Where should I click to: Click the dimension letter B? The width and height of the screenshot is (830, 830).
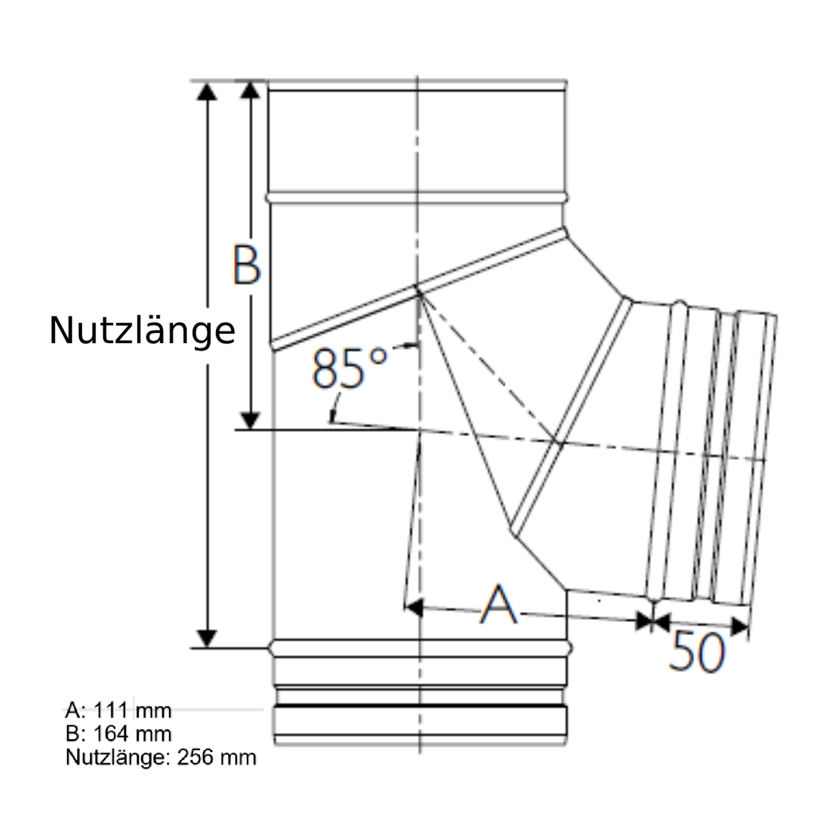246,265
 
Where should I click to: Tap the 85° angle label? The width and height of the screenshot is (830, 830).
349,367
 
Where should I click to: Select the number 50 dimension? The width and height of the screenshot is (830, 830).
696,652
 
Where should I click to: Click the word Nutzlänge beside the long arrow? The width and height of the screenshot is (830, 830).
142,331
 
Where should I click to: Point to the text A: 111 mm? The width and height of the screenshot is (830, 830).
118,710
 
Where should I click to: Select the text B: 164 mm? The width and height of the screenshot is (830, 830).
118,734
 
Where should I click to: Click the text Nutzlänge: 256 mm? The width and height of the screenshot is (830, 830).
160,757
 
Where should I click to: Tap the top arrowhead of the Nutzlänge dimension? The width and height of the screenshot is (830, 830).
207,91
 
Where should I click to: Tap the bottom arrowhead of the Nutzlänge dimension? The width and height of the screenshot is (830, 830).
207,638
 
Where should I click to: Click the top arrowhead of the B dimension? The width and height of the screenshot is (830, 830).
251,90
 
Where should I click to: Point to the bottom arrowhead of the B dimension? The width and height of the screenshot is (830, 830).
251,420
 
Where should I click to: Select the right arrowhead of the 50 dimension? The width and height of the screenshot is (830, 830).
739,626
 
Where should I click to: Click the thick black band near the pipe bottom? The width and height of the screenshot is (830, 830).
420,706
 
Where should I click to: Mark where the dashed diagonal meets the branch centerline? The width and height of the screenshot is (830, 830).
557,442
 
